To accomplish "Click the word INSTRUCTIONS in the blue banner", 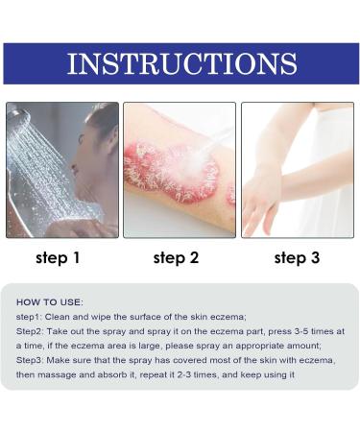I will click(x=180, y=63).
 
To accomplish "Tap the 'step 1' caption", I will click(x=59, y=257).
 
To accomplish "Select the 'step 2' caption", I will click(x=177, y=257).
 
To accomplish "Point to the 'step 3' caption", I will click(x=297, y=257).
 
